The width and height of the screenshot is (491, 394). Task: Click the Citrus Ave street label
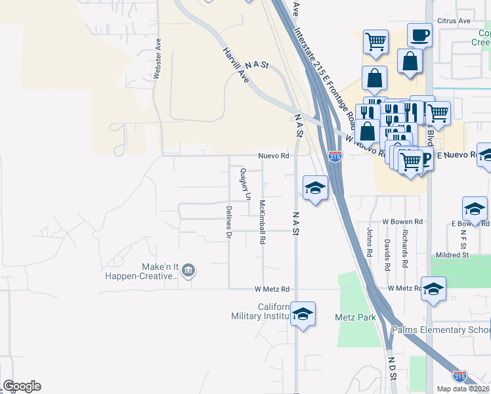(455, 21)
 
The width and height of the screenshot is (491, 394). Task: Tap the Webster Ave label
(157, 58)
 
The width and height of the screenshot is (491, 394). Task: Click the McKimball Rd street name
(262, 222)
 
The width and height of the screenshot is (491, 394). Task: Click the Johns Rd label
(370, 243)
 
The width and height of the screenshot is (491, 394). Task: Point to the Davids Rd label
(387, 255)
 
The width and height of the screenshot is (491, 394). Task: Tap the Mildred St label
(452, 255)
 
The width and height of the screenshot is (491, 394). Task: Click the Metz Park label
(355, 318)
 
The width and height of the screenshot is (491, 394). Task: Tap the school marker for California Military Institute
(303, 314)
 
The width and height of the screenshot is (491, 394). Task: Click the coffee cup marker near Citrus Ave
(419, 34)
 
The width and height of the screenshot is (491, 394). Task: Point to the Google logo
(22, 386)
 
